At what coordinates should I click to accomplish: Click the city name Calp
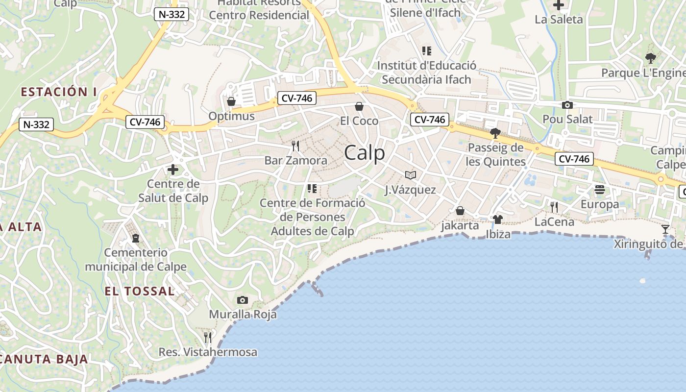coord(365,153)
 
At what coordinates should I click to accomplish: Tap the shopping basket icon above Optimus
coord(231,101)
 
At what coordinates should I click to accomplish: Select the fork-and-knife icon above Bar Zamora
coord(295,146)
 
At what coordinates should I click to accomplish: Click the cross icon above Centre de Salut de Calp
coord(173,170)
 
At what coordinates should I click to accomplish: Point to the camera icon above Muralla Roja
coord(242,300)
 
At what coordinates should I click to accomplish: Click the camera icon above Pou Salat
coord(567,105)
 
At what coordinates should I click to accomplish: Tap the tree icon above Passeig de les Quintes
coord(495,133)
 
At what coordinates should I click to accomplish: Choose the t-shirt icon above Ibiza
coord(498,219)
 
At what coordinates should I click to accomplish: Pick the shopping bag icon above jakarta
coord(460,211)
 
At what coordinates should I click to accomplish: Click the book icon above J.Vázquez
coord(411,175)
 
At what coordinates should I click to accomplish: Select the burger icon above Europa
coord(600,189)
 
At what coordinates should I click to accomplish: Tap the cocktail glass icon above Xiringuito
coord(665,229)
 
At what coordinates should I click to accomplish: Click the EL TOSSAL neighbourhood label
coord(140,291)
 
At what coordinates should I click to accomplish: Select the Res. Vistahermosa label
coord(208,352)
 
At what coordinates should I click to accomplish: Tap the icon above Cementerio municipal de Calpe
coord(136,238)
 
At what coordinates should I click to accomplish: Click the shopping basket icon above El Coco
coord(359,106)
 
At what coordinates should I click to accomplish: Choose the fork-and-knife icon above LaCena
coord(554,207)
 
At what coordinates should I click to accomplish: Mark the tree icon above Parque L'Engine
coord(650,58)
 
